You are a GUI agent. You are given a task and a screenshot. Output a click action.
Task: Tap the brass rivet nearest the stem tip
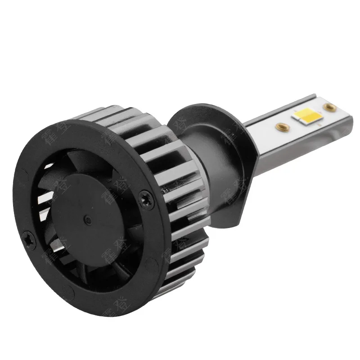[330, 107]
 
